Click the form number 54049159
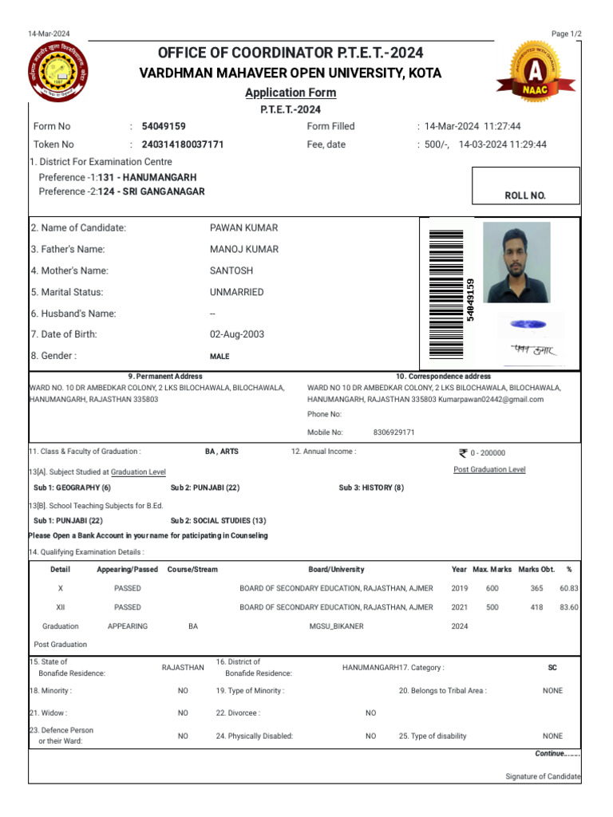pyautogui.click(x=164, y=126)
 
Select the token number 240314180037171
pyautogui.click(x=183, y=144)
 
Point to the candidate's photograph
pyautogui.click(x=516, y=262)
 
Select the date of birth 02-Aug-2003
pyautogui.click(x=237, y=334)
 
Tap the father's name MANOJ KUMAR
pyautogui.click(x=244, y=249)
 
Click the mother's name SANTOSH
pyautogui.click(x=231, y=270)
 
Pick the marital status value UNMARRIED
pyautogui.click(x=236, y=292)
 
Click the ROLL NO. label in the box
pyautogui.click(x=525, y=195)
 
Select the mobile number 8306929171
pyautogui.click(x=394, y=432)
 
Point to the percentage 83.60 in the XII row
pyautogui.click(x=569, y=607)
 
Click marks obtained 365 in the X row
pyautogui.click(x=536, y=588)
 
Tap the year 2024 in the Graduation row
pyautogui.click(x=459, y=626)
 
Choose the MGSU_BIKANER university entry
pyautogui.click(x=336, y=626)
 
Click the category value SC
pyautogui.click(x=552, y=667)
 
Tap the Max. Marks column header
pyautogui.click(x=492, y=569)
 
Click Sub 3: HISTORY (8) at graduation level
pyautogui.click(x=371, y=487)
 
